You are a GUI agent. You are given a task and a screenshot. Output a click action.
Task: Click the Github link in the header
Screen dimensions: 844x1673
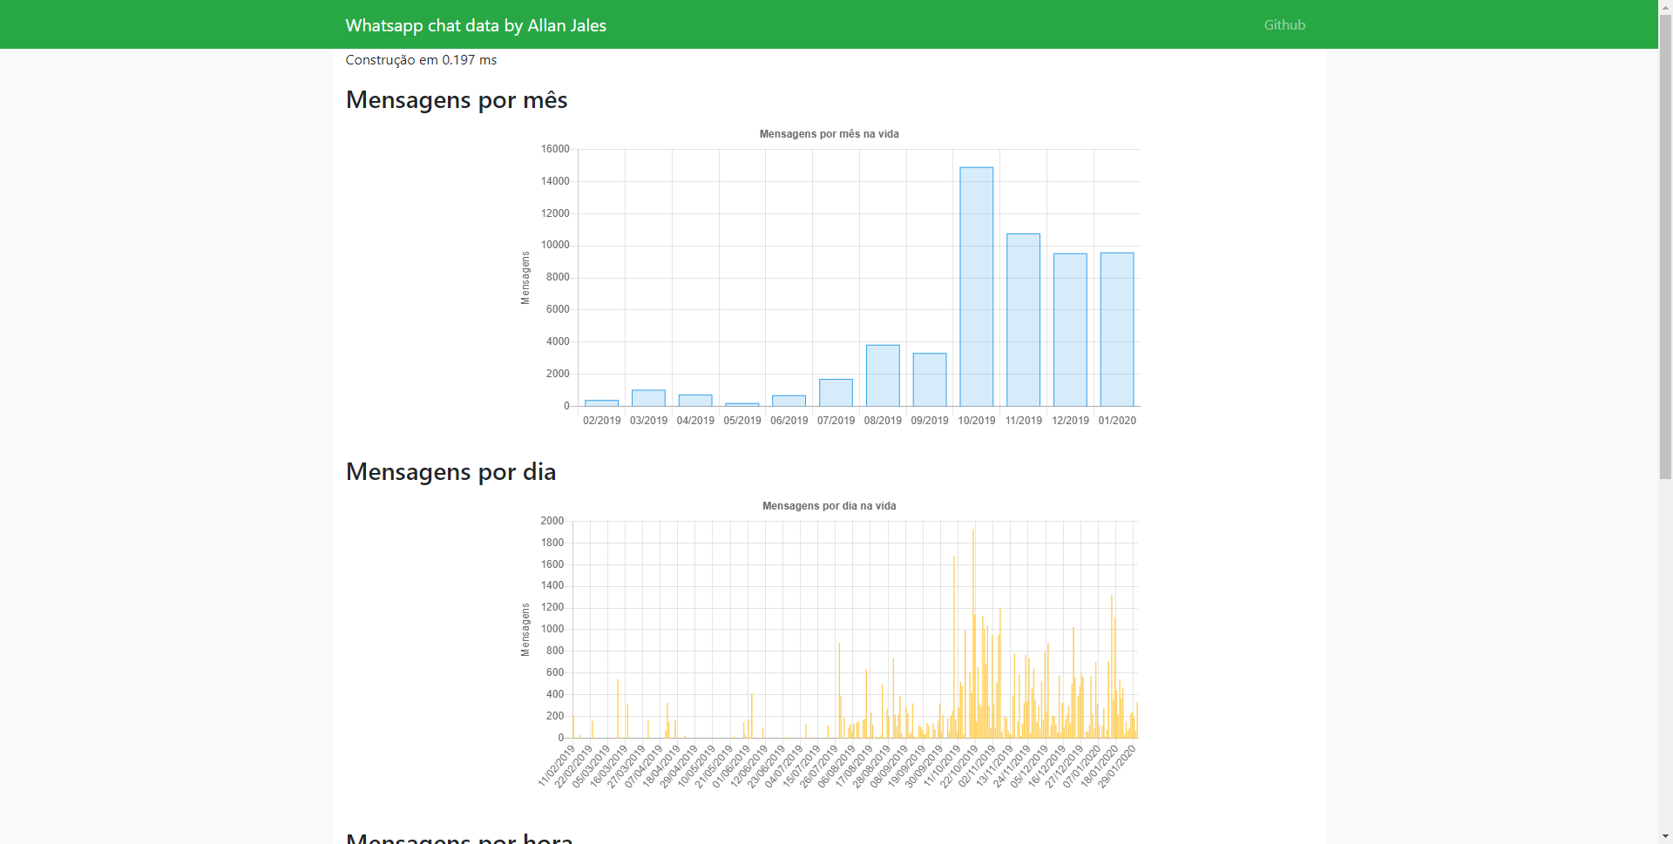1284,25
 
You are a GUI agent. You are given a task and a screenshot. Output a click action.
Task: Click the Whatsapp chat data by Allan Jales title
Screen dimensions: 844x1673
476,25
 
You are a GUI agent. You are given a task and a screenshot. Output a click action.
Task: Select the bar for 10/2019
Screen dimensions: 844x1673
976,287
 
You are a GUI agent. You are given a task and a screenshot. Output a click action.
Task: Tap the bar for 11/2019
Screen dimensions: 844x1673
1023,321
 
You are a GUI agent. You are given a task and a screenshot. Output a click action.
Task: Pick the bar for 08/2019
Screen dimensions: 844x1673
883,376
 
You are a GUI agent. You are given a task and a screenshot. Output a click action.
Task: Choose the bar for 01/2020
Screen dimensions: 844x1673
1117,330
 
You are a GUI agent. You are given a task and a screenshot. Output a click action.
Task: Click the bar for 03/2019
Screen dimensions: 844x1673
648,398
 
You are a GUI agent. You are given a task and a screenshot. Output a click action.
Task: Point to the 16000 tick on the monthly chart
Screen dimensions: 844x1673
555,149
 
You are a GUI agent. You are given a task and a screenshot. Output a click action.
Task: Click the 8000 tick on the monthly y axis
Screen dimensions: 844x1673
558,277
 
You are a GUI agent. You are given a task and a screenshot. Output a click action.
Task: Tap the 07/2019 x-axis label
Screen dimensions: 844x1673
836,421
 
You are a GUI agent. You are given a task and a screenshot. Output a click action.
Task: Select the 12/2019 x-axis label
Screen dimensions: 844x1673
1070,421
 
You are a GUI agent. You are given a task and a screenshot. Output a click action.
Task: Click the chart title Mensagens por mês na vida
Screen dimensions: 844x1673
829,134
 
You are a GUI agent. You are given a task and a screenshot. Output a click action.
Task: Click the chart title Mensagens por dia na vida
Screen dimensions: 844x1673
829,506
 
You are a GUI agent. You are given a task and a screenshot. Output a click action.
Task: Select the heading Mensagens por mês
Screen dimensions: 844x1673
457,100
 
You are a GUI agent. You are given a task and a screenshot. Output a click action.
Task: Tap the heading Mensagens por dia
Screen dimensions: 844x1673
450,472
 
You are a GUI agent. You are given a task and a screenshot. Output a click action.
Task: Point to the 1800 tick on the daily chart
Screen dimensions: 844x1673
552,543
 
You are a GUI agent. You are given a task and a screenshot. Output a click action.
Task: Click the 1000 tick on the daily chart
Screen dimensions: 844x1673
552,629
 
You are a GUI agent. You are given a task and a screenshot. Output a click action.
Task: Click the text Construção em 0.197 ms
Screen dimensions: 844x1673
421,60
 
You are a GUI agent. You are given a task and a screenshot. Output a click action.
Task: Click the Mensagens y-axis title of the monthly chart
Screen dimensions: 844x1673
525,278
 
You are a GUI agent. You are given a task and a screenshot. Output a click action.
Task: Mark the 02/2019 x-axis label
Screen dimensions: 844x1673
601,421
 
